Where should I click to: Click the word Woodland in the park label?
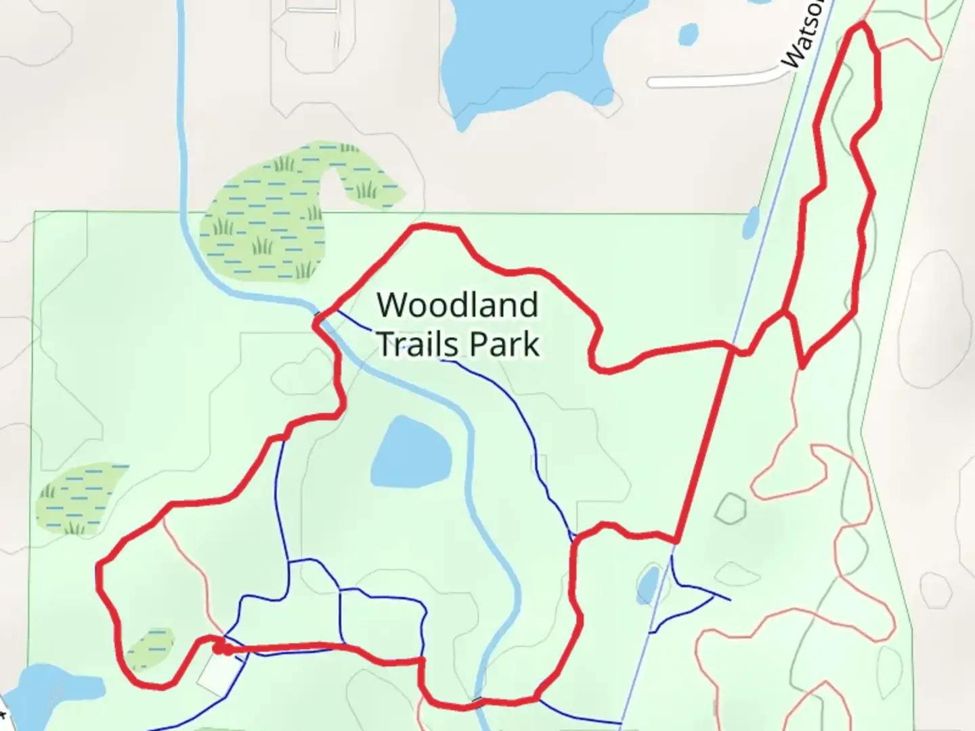pos(458,305)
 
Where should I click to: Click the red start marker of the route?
pos(220,649)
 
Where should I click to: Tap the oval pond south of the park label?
pos(411,451)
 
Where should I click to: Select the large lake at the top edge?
pos(528,47)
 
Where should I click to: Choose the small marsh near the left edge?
pos(78,497)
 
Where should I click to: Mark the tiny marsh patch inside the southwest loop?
pos(150,648)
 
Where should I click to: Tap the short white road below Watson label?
pos(711,80)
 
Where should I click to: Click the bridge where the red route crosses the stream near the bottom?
pos(478,701)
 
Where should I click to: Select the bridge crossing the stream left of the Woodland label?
pos(318,315)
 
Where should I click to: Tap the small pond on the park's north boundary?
pos(751,223)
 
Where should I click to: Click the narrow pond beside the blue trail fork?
pos(647,583)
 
